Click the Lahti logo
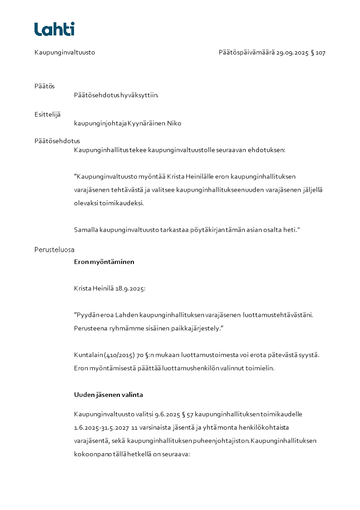(54, 29)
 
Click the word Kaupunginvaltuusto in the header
(64, 53)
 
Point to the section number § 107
(318, 53)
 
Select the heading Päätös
(44, 86)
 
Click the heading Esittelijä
(47, 114)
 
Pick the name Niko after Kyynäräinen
(174, 123)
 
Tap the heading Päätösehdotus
(57, 141)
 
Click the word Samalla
(86, 230)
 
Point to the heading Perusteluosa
(54, 250)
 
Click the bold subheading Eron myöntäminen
(104, 262)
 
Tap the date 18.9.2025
(130, 288)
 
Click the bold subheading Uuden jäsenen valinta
(108, 395)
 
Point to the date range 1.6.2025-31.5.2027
(101, 428)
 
